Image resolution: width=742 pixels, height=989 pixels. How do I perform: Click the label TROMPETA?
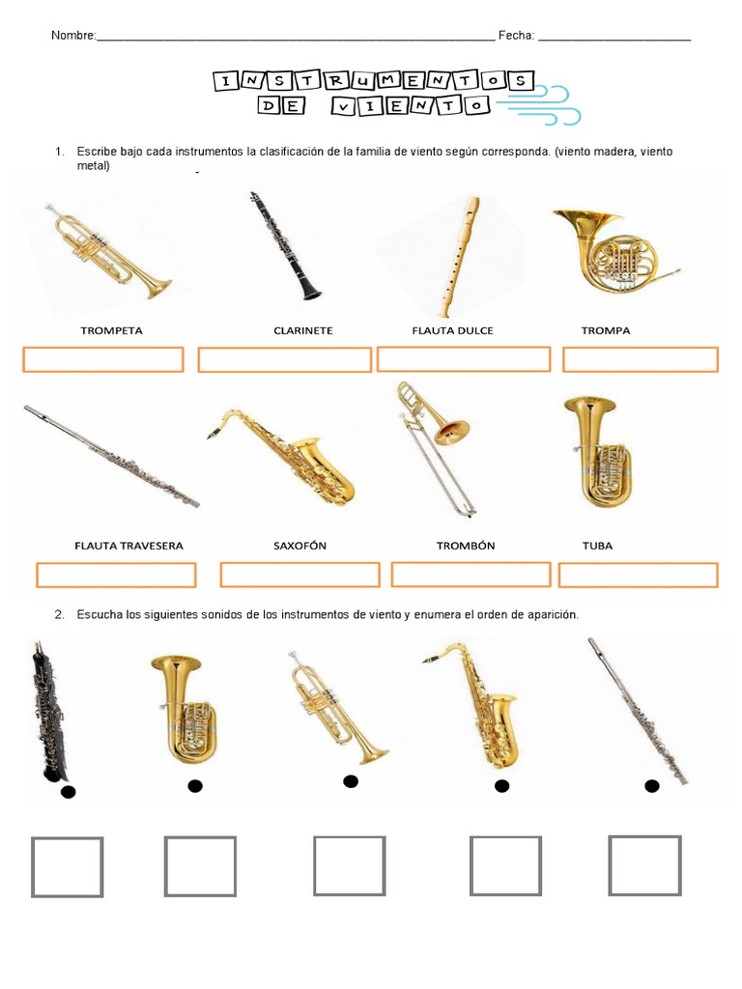coord(111,330)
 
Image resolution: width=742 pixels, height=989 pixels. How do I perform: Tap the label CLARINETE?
coord(302,330)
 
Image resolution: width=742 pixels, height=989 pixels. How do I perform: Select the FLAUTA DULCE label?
coord(452,330)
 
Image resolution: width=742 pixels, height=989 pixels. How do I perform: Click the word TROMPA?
coord(606,330)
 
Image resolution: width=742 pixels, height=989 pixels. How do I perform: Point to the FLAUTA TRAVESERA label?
coord(128,546)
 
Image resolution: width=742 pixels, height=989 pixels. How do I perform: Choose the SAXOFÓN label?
coord(300,546)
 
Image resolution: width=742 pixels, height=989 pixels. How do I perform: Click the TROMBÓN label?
coord(465,546)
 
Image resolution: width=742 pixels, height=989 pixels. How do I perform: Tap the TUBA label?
coord(597,546)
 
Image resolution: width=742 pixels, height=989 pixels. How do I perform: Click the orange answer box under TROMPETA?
coord(102,360)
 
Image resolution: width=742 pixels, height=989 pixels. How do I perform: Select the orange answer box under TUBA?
coord(638,576)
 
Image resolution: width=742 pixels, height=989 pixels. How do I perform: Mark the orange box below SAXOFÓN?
coord(300,575)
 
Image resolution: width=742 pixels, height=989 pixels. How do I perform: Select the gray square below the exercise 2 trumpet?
coord(349,865)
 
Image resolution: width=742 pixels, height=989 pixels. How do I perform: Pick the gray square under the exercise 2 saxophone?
coord(505,865)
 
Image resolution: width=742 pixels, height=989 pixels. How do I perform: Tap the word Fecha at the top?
coord(516,36)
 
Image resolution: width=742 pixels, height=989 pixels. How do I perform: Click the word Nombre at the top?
coord(73,36)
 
